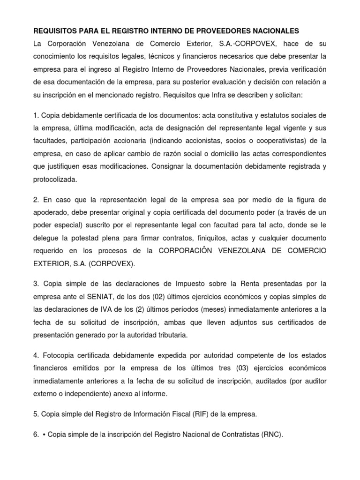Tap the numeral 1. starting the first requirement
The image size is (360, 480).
[x=36, y=115]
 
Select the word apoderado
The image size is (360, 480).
[x=51, y=212]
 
